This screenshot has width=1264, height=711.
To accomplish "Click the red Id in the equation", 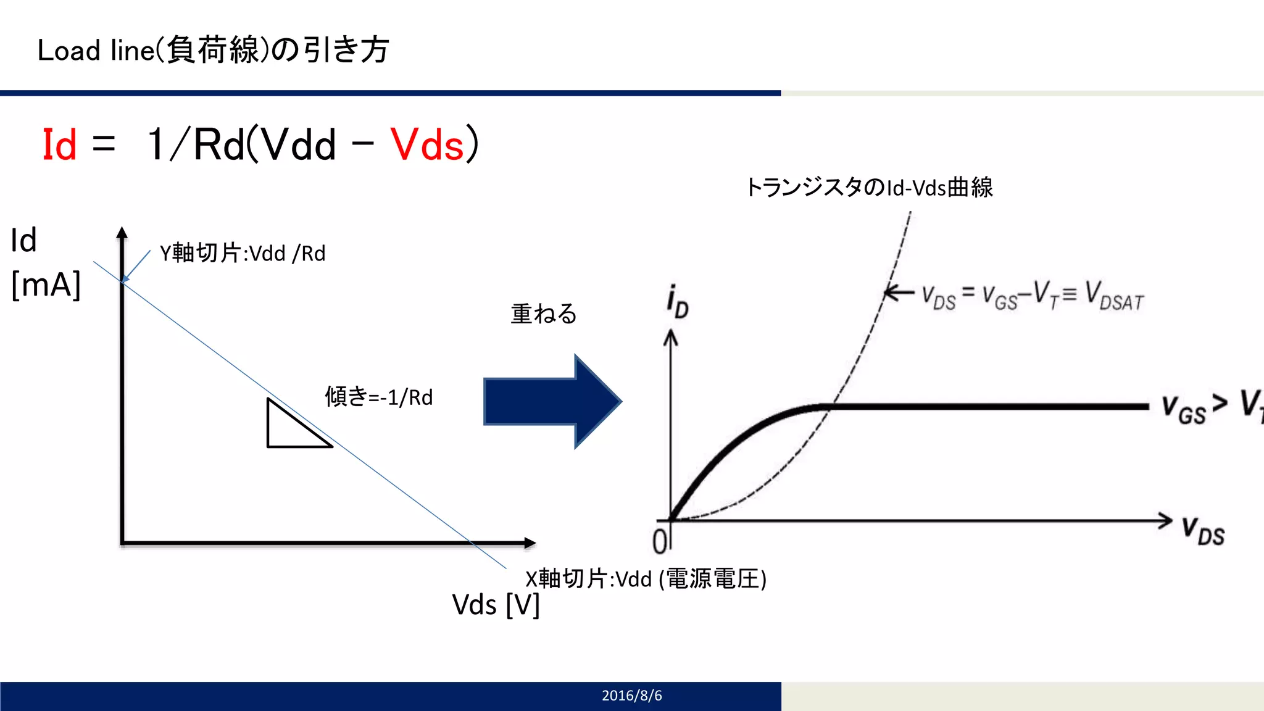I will tap(59, 145).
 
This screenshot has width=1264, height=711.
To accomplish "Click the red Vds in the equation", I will tap(427, 145).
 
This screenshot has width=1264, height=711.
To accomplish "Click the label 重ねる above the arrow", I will tap(544, 314).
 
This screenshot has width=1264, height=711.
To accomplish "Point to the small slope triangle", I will tap(290, 429).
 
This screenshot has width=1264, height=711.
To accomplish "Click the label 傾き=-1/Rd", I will tap(379, 397).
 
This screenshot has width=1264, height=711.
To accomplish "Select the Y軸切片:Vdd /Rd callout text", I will tap(243, 253).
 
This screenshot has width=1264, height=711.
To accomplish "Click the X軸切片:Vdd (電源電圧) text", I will tap(646, 579).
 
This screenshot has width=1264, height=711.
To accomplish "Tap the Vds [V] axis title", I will tap(496, 605).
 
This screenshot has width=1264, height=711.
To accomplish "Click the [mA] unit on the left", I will tap(46, 285).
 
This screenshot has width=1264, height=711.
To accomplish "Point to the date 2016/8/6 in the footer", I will tap(631, 696).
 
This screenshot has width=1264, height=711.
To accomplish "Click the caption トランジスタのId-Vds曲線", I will tap(869, 187).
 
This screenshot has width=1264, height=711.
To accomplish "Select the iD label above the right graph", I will tap(677, 302).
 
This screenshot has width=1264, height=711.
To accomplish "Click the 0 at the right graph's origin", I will tap(660, 541).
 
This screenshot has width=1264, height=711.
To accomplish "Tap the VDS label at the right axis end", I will tap(1203, 531).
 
